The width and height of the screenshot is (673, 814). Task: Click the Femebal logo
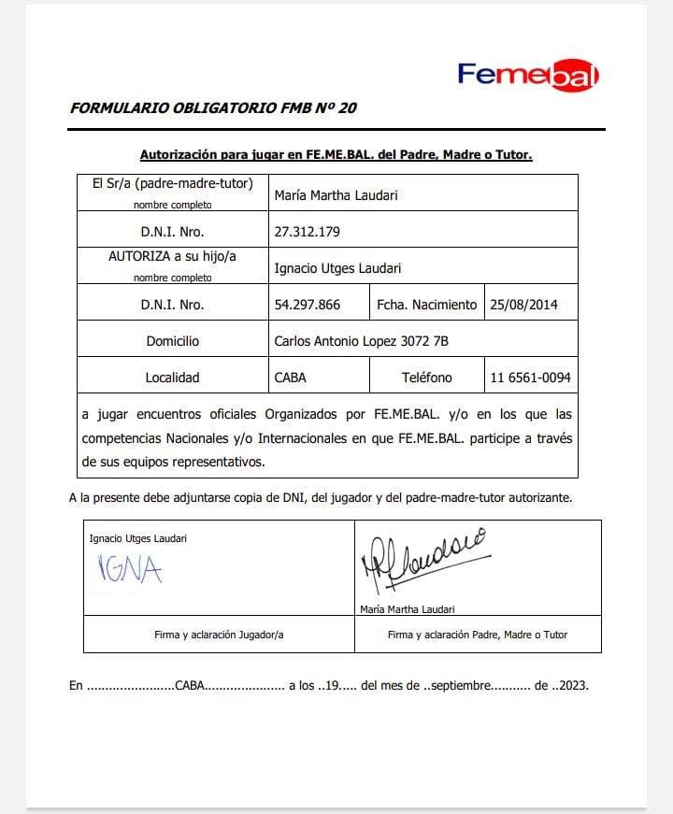[528, 75]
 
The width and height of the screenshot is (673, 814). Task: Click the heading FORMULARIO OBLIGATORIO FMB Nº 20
[213, 107]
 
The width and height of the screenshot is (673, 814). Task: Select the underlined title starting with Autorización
[336, 154]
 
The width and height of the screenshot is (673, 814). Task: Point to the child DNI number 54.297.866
[308, 305]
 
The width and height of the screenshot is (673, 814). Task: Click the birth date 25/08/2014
[523, 305]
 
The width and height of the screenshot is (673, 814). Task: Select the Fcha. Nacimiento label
[426, 305]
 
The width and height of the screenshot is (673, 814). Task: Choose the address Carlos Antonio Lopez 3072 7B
[361, 341]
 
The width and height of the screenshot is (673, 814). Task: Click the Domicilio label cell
[172, 341]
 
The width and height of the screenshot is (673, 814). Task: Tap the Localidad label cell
[172, 378]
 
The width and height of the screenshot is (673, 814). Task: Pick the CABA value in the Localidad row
[290, 378]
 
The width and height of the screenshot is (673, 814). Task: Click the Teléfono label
[426, 378]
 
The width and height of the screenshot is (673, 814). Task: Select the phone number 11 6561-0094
[530, 378]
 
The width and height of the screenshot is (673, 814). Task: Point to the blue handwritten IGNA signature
[130, 569]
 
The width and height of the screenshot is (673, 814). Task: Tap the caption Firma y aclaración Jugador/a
[219, 635]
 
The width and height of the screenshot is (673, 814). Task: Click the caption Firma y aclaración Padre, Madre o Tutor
[478, 635]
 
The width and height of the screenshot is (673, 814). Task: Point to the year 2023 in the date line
[571, 685]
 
